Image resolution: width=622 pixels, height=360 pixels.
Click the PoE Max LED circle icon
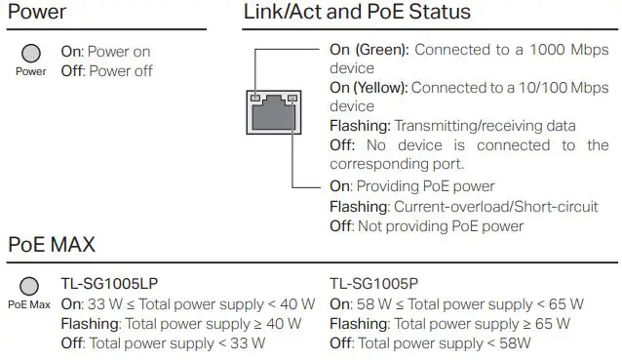(x=29, y=286)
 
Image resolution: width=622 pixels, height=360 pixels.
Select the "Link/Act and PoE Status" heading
(x=356, y=13)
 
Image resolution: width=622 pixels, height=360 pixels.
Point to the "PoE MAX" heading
(x=52, y=244)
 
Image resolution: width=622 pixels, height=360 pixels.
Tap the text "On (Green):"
(x=369, y=50)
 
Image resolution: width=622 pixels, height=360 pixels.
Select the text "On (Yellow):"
(x=369, y=87)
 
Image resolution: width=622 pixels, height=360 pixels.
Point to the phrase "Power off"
(x=119, y=70)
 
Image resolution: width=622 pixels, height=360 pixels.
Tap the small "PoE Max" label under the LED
(x=29, y=304)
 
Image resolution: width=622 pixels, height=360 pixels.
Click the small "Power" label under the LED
(x=31, y=71)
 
